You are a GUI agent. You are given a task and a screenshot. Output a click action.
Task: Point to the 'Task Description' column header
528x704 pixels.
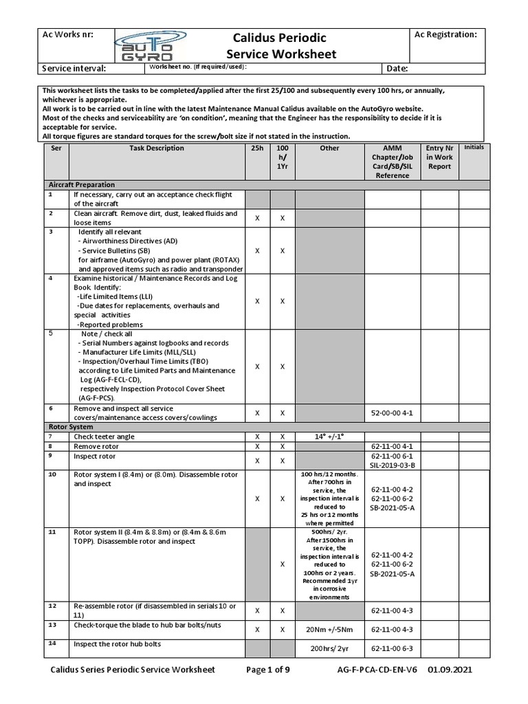point(157,148)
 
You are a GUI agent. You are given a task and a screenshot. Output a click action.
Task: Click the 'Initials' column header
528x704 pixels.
point(474,147)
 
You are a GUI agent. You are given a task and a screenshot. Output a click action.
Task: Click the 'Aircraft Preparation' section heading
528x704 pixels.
point(81,185)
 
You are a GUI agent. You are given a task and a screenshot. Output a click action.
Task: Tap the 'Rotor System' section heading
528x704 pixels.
point(70,427)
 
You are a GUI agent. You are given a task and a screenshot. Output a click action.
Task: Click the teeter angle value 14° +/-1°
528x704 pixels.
point(329,437)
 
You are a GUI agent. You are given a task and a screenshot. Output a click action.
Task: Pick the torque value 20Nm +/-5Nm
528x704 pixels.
point(329,629)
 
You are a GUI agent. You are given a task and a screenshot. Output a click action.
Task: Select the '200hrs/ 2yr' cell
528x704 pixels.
point(329,648)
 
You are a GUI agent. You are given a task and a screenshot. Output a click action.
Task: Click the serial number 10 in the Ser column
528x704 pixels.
point(52,474)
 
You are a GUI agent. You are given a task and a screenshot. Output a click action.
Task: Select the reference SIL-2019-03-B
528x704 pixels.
point(392,465)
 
